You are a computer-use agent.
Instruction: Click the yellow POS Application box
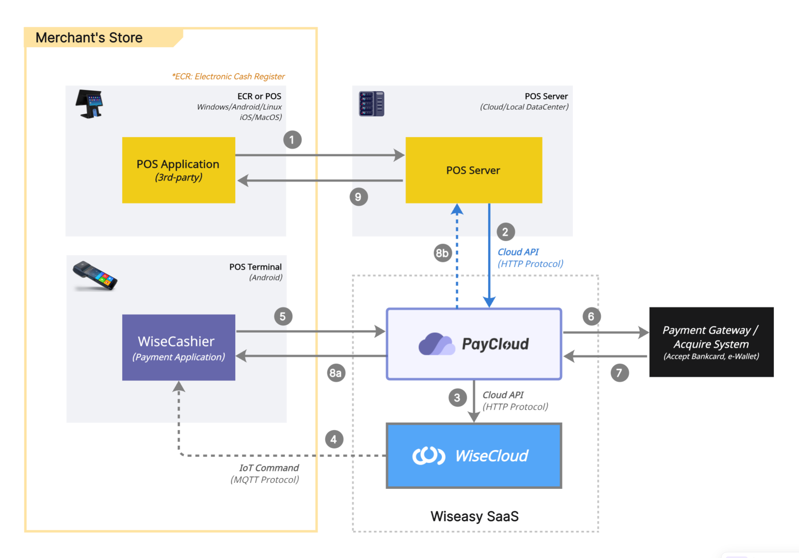(x=178, y=170)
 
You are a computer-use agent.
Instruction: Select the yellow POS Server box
(x=474, y=170)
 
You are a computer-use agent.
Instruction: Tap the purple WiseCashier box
(x=178, y=348)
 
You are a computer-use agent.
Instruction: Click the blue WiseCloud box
(x=474, y=456)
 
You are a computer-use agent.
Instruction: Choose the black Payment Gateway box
(x=711, y=342)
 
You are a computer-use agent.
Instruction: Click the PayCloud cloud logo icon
(x=436, y=344)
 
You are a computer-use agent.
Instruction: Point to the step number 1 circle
(x=292, y=140)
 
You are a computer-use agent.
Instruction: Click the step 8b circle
(x=442, y=253)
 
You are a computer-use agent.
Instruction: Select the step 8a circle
(x=336, y=373)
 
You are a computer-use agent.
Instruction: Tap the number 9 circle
(x=359, y=197)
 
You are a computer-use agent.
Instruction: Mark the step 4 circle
(x=334, y=439)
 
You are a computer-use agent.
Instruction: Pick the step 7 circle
(x=619, y=373)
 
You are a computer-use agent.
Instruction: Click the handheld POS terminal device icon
(x=95, y=276)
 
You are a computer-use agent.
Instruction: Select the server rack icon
(x=371, y=104)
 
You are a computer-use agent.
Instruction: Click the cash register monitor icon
(x=89, y=104)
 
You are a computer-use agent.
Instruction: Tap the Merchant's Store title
(x=89, y=38)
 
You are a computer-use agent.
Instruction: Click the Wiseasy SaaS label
(x=474, y=516)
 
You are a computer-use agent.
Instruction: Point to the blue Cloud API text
(x=518, y=252)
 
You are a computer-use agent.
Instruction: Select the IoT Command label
(x=269, y=468)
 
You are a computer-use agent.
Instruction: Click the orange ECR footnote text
(x=228, y=76)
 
